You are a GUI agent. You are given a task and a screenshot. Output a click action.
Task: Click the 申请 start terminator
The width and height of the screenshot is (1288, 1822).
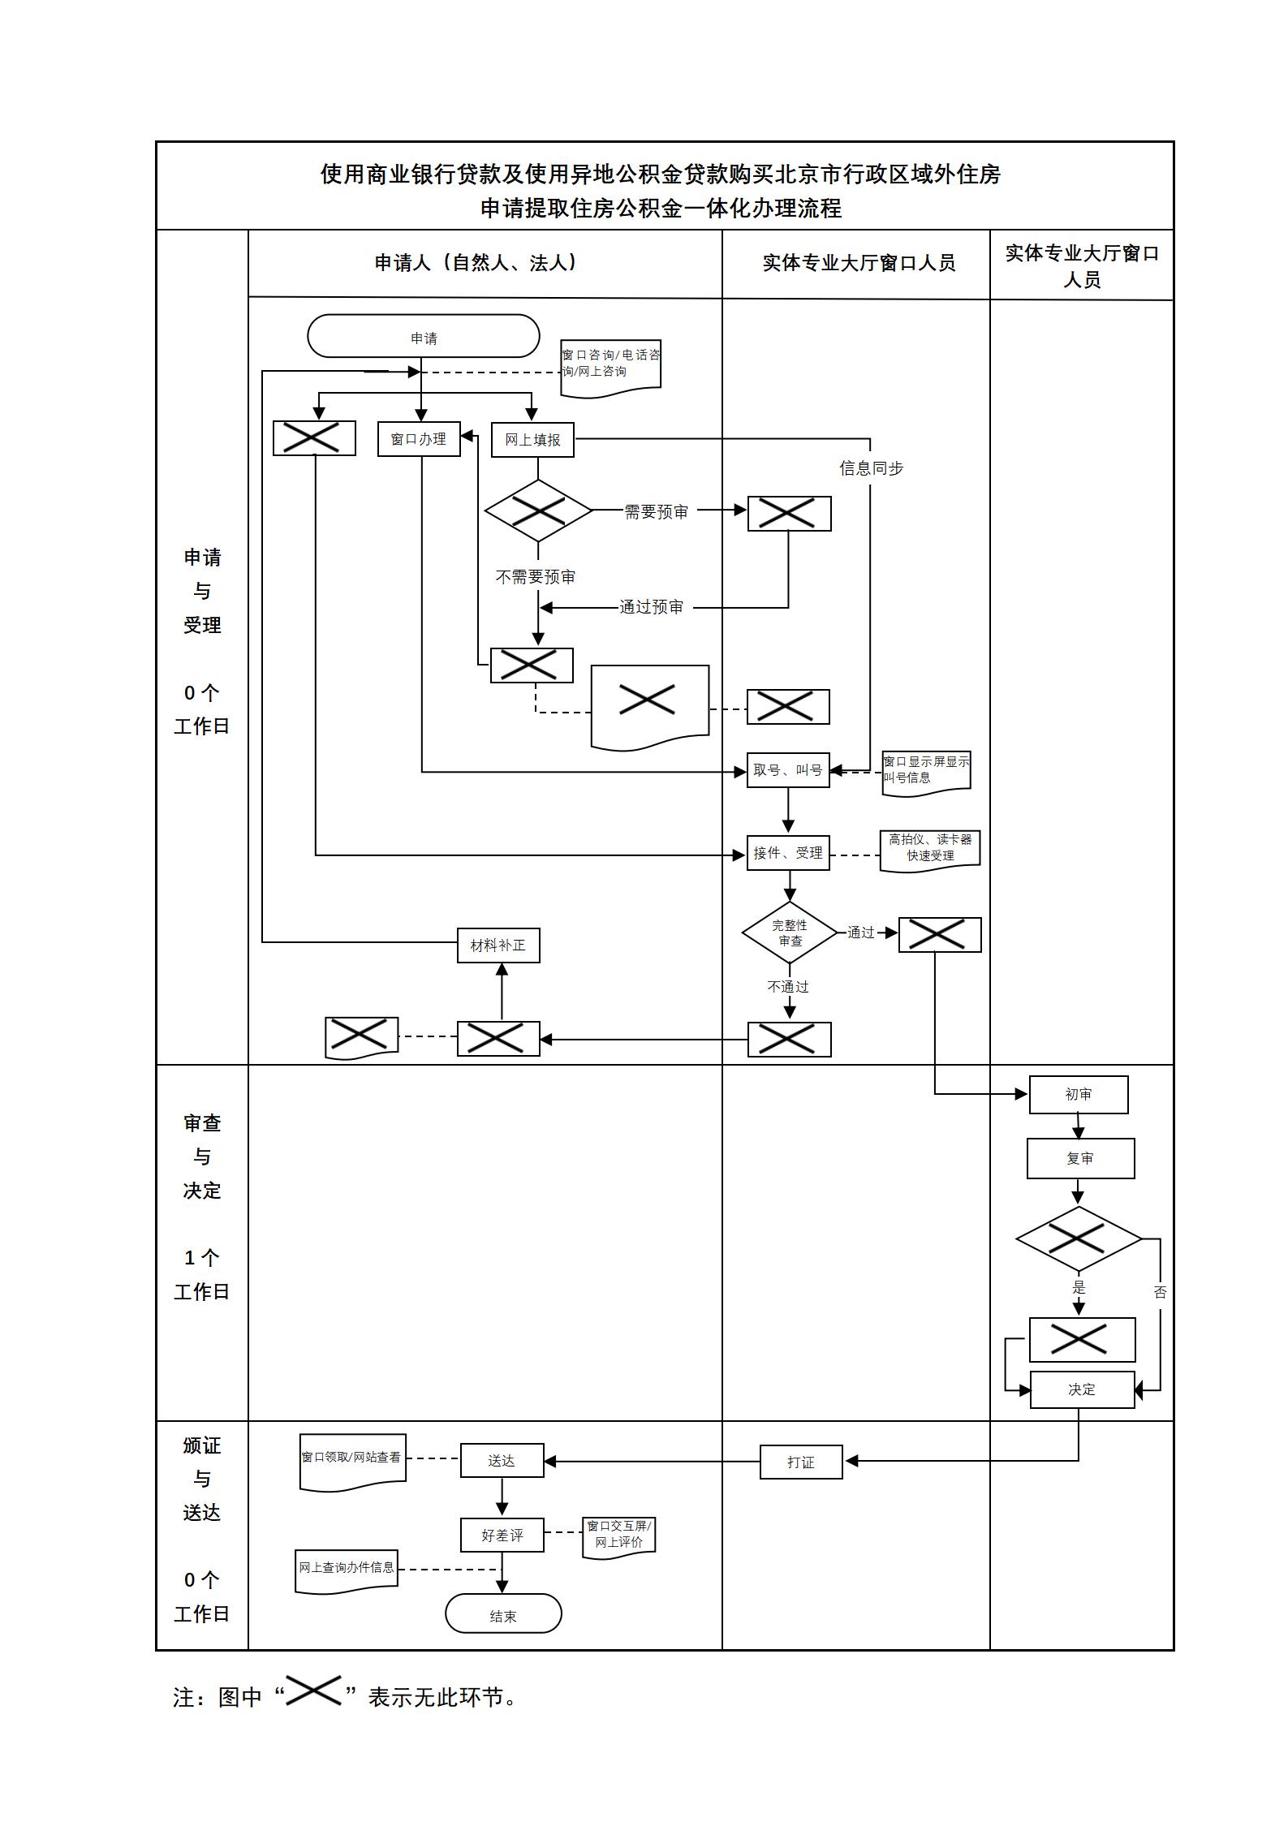(x=423, y=336)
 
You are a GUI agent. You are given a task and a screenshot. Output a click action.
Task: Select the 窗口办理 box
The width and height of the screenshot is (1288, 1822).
(x=419, y=439)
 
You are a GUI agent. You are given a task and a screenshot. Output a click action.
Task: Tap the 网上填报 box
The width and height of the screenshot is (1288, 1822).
(x=532, y=440)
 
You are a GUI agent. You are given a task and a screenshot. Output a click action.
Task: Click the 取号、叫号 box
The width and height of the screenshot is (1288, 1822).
(x=788, y=770)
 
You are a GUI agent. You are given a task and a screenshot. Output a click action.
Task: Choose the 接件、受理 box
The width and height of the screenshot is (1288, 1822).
(x=788, y=853)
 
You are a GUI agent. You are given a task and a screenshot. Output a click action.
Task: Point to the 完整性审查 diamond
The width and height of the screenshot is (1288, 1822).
(x=789, y=933)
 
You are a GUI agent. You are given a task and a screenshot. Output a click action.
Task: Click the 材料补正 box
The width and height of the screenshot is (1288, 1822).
(x=498, y=945)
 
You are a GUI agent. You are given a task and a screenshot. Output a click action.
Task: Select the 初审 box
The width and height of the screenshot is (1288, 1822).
(x=1079, y=1095)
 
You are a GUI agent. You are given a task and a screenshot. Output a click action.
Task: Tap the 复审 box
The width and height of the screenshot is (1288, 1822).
(x=1080, y=1158)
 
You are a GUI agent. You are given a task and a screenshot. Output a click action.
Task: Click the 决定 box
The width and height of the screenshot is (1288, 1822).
(x=1082, y=1389)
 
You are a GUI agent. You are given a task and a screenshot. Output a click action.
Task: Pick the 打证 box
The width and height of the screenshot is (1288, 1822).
(x=801, y=1462)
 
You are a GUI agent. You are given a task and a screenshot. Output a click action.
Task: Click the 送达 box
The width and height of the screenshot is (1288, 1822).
(x=502, y=1461)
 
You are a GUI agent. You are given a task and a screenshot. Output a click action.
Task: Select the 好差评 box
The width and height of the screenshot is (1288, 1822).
(x=502, y=1536)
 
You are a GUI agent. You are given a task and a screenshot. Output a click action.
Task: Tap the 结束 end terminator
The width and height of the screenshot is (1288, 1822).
(x=503, y=1616)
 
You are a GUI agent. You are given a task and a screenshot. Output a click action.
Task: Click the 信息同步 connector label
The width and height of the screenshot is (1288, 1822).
(x=871, y=468)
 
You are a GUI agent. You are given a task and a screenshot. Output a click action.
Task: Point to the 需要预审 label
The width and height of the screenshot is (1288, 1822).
(x=656, y=512)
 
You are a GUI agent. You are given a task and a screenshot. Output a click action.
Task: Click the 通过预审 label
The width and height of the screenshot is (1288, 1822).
(x=651, y=607)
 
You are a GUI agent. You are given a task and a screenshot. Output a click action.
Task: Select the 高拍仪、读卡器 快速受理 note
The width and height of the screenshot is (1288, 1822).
(x=930, y=849)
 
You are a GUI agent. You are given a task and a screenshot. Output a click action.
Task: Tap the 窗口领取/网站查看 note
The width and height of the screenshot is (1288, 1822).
(x=352, y=1460)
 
